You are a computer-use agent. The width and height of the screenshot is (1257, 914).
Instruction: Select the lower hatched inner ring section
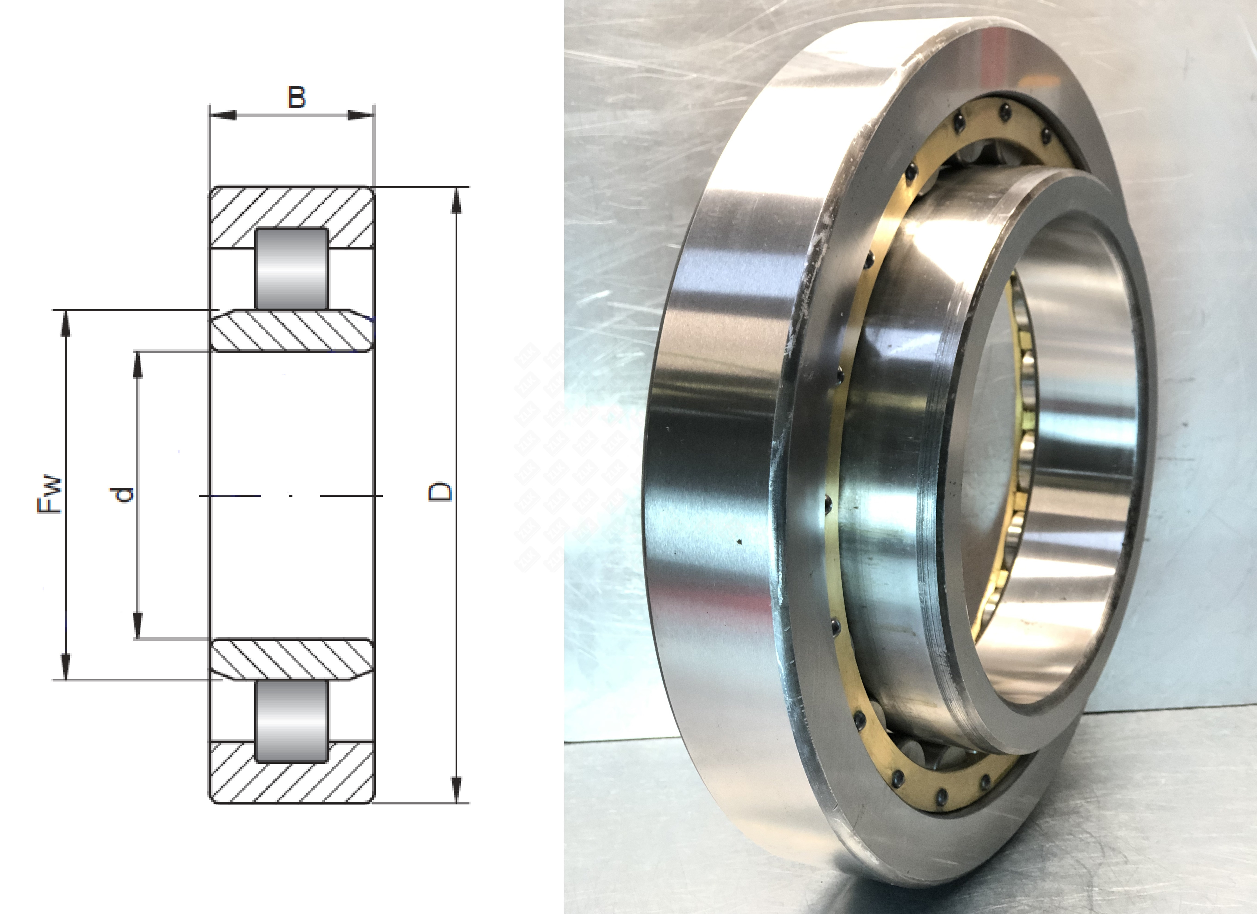tap(292, 660)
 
